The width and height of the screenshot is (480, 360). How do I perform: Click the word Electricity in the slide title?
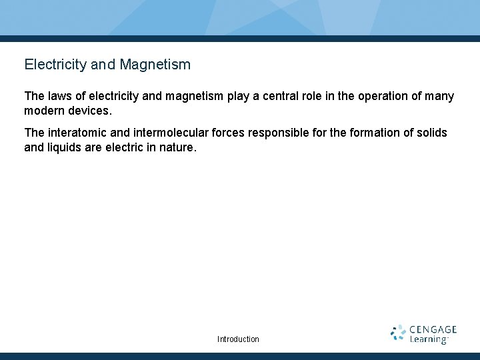pyautogui.click(x=55, y=65)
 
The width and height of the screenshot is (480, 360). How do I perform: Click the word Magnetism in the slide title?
pyautogui.click(x=155, y=65)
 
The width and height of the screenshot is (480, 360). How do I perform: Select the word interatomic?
pyautogui.click(x=78, y=133)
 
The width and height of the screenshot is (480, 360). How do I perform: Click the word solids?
pyautogui.click(x=433, y=133)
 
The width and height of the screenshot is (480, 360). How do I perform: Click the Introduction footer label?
pyautogui.click(x=238, y=339)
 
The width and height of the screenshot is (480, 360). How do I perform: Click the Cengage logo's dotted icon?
pyautogui.click(x=398, y=333)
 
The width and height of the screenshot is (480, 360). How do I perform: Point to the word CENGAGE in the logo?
pyautogui.click(x=433, y=329)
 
